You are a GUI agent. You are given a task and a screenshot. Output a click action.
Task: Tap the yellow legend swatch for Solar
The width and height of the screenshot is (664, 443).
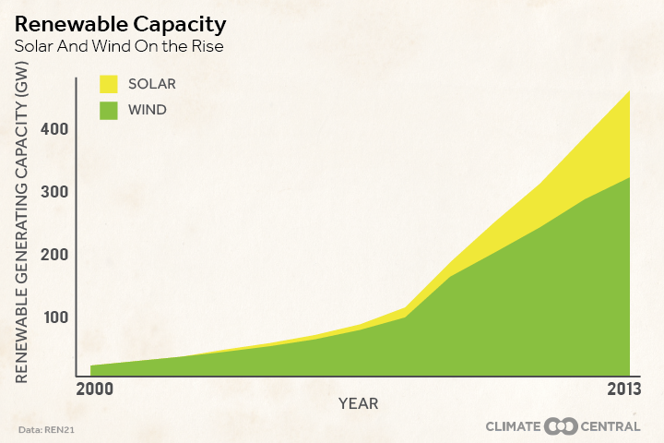coord(110,85)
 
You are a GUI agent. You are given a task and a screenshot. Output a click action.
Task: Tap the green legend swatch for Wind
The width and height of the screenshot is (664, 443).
coord(110,111)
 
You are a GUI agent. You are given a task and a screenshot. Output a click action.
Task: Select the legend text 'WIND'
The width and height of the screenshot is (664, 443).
coord(148,111)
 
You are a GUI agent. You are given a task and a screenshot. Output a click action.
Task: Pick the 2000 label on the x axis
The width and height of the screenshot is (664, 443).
coord(95,389)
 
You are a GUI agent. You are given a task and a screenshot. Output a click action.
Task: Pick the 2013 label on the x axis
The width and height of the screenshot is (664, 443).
coord(624,389)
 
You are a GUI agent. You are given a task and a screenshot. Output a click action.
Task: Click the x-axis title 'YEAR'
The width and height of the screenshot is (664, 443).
coord(358,404)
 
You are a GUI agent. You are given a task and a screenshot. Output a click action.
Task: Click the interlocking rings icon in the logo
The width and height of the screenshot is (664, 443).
coord(561,426)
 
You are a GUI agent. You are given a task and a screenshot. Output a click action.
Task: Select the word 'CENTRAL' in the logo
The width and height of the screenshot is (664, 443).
coord(611,426)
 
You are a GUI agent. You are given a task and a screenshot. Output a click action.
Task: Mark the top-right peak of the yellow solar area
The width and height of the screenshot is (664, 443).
coord(629,91)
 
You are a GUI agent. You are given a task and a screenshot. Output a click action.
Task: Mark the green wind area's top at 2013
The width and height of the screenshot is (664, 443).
coord(629,177)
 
